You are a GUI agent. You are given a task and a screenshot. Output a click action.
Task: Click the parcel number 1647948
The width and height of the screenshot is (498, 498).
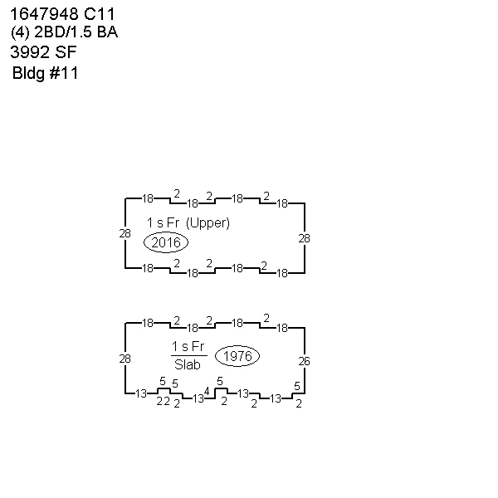tap(44, 14)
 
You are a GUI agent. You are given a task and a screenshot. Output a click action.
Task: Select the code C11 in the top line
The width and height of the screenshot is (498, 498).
tap(99, 14)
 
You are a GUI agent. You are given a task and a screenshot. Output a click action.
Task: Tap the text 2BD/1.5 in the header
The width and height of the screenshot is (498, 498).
tap(63, 32)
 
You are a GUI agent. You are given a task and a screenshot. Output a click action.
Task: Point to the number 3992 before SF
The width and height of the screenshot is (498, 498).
tap(30, 52)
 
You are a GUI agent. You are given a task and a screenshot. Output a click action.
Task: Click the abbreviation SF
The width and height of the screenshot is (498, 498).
tap(66, 52)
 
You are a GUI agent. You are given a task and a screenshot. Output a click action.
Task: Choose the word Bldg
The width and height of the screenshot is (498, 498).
tap(28, 73)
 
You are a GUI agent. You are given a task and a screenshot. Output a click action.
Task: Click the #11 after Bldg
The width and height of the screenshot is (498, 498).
tap(64, 73)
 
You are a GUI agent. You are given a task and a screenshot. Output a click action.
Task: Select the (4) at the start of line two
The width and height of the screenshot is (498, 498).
tap(20, 32)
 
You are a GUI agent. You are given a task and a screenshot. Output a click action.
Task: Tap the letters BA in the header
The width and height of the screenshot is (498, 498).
tap(107, 32)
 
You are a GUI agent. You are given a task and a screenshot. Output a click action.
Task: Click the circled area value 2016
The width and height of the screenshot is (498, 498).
tap(166, 242)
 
